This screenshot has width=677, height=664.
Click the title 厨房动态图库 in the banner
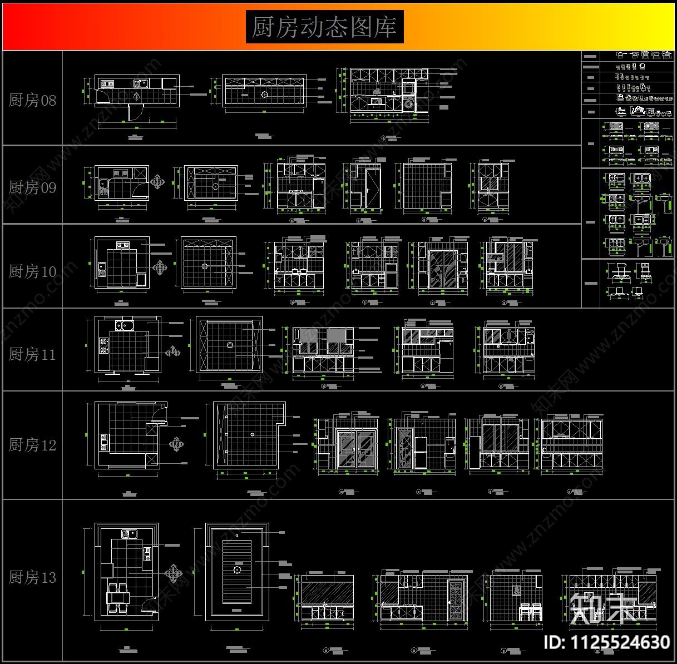[324, 27]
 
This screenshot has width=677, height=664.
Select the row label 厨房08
[32, 100]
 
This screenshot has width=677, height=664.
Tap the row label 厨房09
[32, 187]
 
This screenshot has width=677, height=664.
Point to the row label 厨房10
[32, 271]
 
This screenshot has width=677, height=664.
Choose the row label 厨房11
[32, 354]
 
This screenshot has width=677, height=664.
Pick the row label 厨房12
[32, 445]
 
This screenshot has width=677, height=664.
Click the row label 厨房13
[32, 577]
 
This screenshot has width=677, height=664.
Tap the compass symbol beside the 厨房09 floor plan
[159, 182]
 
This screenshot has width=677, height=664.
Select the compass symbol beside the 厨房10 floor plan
[161, 267]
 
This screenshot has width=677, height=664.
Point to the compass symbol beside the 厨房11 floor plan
[174, 351]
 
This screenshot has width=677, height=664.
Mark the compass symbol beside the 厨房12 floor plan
[177, 444]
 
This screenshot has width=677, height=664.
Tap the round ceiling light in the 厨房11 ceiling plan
[229, 345]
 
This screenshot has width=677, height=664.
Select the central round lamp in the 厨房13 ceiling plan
[237, 569]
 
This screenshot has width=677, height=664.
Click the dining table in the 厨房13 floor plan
[118, 597]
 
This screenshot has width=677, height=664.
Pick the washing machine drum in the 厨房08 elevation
[409, 102]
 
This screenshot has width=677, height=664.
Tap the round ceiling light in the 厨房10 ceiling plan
[205, 266]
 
